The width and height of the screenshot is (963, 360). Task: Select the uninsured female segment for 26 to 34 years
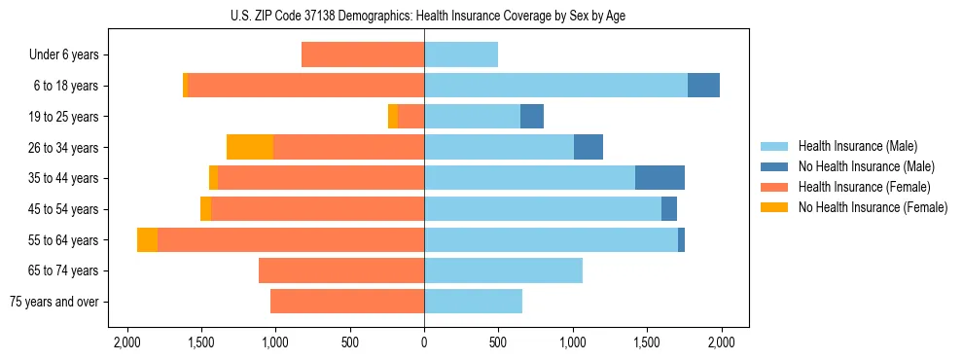[250, 147]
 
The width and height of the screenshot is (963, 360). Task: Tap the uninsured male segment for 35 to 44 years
[660, 178]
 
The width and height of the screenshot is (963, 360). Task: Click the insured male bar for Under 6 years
[461, 54]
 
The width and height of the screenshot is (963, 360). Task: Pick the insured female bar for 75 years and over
[347, 302]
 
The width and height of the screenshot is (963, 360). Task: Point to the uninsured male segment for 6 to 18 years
[703, 86]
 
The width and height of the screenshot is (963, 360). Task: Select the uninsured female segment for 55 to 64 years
[147, 239]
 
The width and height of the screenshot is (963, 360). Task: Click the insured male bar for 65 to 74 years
[503, 270]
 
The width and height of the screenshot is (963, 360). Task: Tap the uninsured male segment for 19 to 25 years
[532, 117]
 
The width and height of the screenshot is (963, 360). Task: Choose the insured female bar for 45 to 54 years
[317, 209]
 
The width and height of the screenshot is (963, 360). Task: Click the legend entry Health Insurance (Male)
[857, 146]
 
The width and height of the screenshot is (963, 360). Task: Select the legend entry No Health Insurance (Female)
[873, 207]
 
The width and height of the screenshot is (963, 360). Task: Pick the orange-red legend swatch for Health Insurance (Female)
[774, 187]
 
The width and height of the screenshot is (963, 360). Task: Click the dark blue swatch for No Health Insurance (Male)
[774, 166]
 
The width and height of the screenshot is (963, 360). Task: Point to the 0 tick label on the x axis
[424, 342]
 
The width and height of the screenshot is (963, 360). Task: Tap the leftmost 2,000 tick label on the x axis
[126, 342]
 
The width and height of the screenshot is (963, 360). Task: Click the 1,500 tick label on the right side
[647, 342]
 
